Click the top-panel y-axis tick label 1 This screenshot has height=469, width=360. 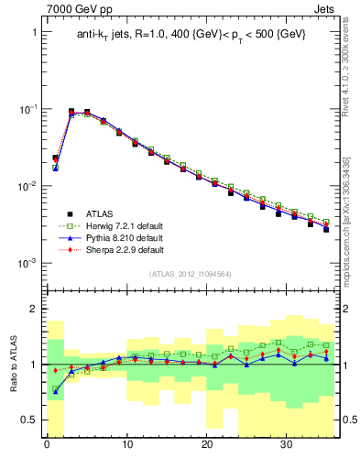click(x=34, y=32)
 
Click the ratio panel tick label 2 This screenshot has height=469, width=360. click(x=34, y=310)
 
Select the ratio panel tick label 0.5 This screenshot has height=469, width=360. click(x=29, y=420)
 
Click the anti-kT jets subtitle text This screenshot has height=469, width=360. click(x=191, y=35)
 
